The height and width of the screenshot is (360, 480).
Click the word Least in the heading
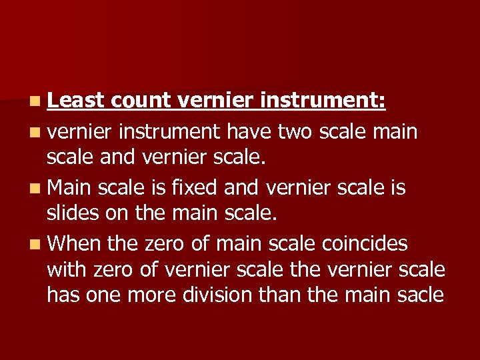[x=76, y=101]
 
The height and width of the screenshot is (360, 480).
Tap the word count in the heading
[x=141, y=101]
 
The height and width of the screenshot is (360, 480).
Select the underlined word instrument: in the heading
[x=323, y=101]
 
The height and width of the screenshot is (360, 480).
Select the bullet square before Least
[x=34, y=102]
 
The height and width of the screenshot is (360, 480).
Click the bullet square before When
[x=34, y=245]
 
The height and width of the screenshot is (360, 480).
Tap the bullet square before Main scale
[x=34, y=189]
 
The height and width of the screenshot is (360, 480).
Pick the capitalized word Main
[x=70, y=188]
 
